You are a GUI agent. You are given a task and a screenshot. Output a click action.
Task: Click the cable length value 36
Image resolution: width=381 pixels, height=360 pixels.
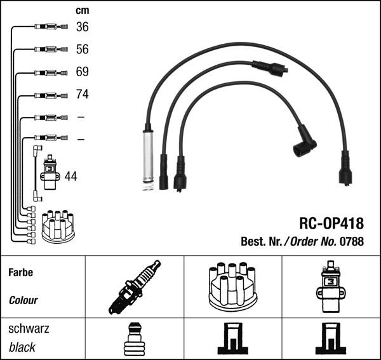click(83, 27)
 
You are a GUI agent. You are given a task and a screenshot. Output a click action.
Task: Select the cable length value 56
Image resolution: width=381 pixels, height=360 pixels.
click(83, 49)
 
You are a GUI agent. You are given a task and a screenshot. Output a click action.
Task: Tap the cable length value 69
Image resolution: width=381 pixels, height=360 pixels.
click(83, 72)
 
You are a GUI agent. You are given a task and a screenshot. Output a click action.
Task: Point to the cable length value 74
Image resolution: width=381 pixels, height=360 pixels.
click(83, 95)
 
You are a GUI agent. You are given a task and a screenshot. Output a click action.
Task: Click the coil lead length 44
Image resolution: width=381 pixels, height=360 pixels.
click(71, 177)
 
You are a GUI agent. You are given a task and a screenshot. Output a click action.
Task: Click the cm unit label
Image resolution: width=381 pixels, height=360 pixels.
click(82, 10)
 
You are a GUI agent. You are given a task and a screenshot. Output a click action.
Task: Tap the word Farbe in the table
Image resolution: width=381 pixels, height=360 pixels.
click(21, 272)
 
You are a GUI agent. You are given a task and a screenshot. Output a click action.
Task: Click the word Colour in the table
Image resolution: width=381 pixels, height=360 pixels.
click(23, 300)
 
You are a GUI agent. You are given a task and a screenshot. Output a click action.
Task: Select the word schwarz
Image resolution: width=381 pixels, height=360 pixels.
click(29, 329)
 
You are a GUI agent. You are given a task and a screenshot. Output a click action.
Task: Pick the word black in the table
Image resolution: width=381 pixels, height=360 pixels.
click(22, 347)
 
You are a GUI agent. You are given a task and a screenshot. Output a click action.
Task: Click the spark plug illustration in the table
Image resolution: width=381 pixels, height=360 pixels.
click(135, 287)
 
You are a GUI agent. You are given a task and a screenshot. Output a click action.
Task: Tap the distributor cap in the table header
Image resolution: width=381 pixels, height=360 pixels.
click(232, 286)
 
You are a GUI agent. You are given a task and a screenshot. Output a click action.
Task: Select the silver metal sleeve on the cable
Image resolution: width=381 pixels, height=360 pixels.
click(147, 156)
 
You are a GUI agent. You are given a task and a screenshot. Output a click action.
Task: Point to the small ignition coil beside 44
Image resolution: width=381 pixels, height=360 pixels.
click(50, 172)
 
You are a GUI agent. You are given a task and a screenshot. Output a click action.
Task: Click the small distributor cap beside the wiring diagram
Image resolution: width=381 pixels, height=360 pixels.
click(58, 226)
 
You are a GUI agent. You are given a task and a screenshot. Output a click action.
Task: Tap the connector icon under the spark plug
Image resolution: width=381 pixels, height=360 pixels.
click(134, 338)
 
